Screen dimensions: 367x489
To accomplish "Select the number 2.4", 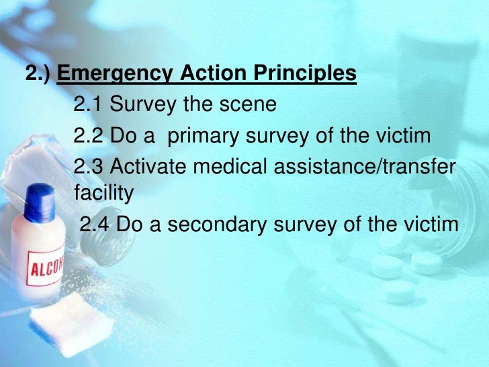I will (95, 225).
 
